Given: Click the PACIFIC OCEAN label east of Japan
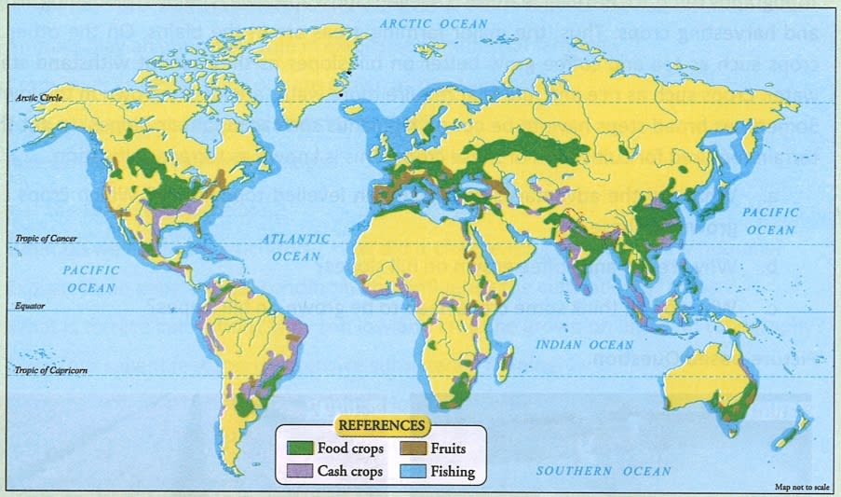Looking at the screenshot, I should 770,222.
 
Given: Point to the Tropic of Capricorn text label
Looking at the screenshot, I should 51,371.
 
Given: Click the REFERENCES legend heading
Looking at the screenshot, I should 381,425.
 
